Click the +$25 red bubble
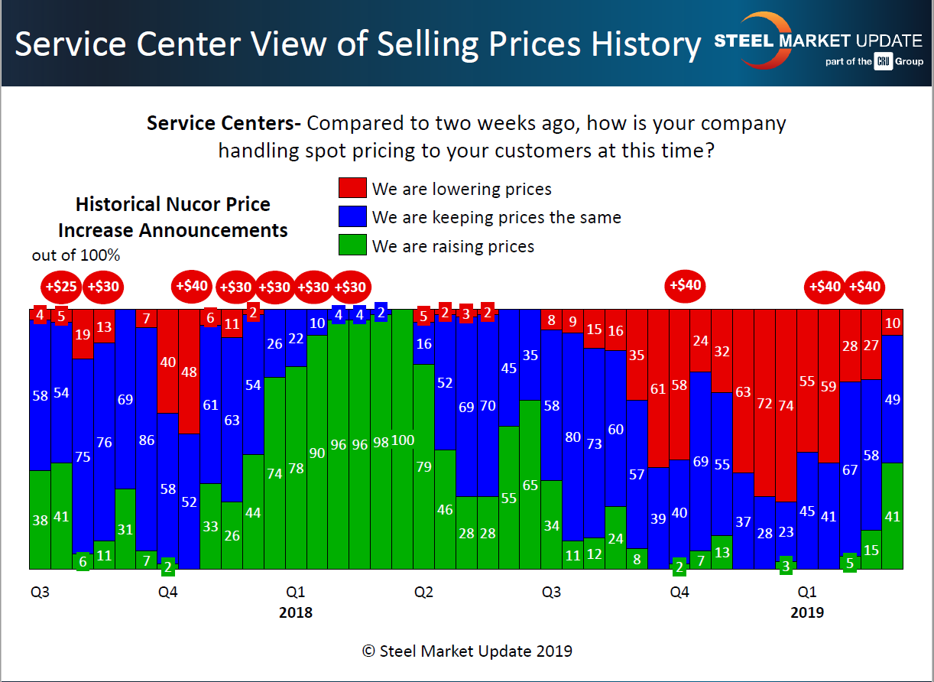click(61, 287)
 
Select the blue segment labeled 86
click(146, 440)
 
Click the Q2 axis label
click(423, 593)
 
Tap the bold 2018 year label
click(296, 612)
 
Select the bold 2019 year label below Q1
click(807, 612)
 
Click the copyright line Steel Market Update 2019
click(467, 651)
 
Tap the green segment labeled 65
click(530, 485)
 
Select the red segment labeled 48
click(190, 372)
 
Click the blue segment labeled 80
click(572, 437)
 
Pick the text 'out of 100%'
click(76, 255)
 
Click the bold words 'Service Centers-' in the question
click(224, 124)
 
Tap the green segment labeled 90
click(316, 452)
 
